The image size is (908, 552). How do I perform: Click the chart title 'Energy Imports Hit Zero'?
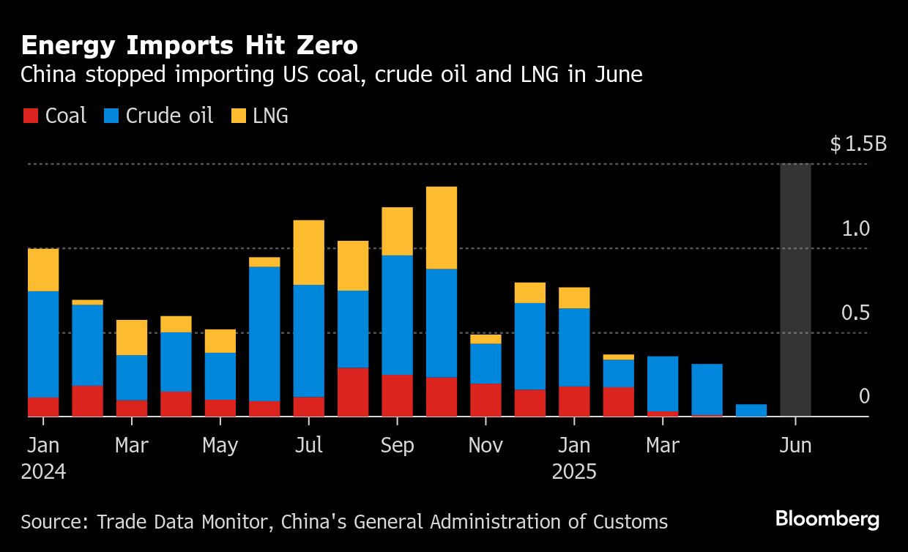(189, 46)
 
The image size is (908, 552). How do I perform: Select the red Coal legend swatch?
(31, 116)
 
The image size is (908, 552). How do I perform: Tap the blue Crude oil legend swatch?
(111, 116)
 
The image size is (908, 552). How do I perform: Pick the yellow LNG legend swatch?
(239, 116)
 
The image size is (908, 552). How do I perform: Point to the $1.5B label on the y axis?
(858, 144)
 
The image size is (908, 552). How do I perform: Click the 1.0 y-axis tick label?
(855, 229)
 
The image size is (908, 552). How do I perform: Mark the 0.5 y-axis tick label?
(855, 313)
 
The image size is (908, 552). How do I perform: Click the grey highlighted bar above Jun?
(795, 290)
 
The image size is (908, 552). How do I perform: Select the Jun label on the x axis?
(795, 445)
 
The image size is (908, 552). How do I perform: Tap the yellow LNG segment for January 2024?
(43, 270)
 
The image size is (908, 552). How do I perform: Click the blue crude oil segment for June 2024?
(264, 334)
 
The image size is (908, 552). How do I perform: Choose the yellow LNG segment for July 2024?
(308, 253)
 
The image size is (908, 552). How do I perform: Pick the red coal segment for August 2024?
(353, 392)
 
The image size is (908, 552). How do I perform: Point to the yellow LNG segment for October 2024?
(442, 228)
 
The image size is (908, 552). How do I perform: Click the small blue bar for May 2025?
(751, 411)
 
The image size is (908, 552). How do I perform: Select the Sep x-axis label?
(397, 445)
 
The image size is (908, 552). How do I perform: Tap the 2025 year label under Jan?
(574, 471)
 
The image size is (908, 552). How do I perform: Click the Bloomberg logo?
(827, 520)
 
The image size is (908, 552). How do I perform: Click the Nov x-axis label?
(485, 445)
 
